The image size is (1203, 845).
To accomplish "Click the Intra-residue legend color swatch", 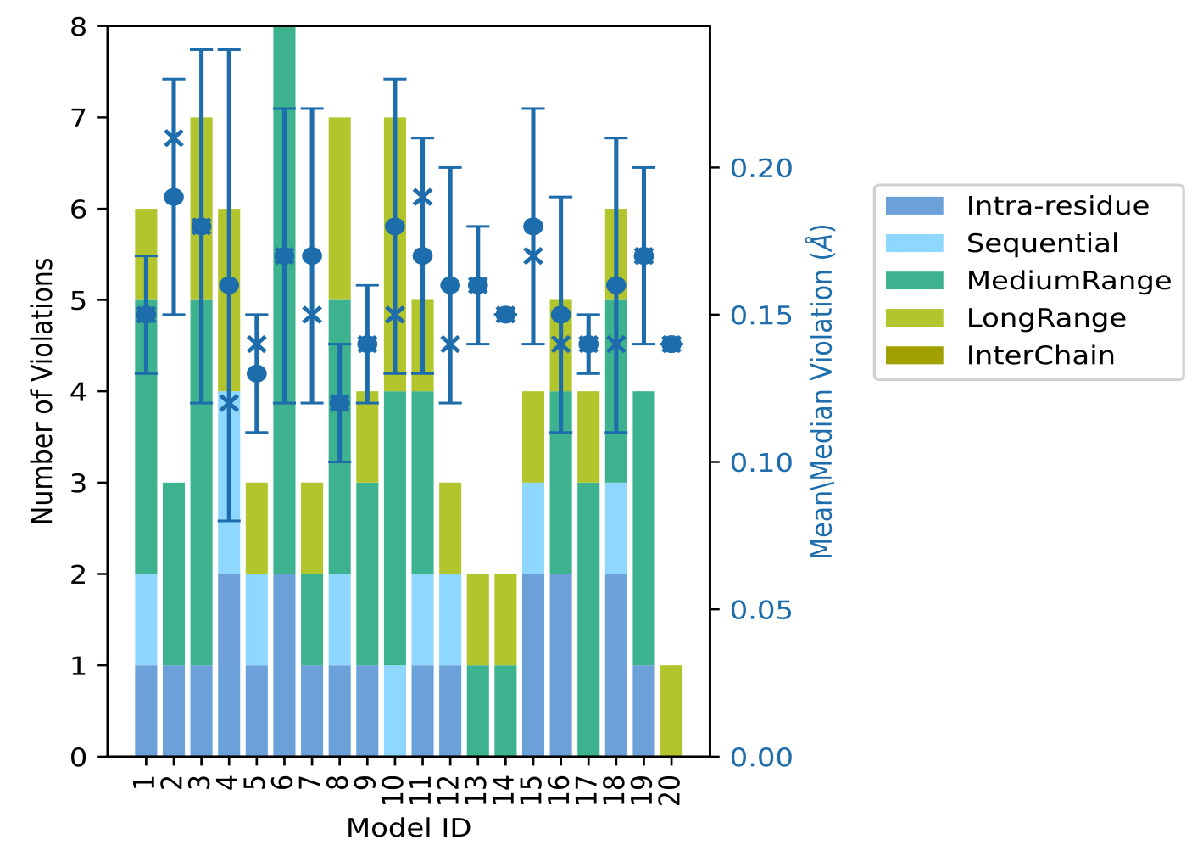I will pyautogui.click(x=913, y=206).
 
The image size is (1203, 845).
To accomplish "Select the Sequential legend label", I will pyautogui.click(x=1042, y=243).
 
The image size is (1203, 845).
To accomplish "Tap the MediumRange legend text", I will pyautogui.click(x=1068, y=281).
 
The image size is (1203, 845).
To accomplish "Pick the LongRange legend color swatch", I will pyautogui.click(x=913, y=318).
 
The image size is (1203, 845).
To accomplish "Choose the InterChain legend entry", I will pyautogui.click(x=1040, y=355).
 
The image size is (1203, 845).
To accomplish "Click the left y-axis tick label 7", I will pyautogui.click(x=79, y=118).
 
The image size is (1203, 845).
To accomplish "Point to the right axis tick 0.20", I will pyautogui.click(x=761, y=168).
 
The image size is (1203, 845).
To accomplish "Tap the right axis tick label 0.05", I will pyautogui.click(x=761, y=610).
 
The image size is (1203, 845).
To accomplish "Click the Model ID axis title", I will pyautogui.click(x=409, y=828).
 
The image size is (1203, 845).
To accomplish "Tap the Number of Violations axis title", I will pyautogui.click(x=42, y=391).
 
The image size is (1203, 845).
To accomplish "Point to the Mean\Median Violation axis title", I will pyautogui.click(x=822, y=391).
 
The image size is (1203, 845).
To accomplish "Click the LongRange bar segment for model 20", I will pyautogui.click(x=671, y=711).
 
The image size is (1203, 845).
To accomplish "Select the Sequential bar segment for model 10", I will pyautogui.click(x=395, y=711).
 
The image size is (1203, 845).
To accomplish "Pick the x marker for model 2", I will pyautogui.click(x=174, y=138).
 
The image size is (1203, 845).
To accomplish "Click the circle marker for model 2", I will pyautogui.click(x=174, y=197).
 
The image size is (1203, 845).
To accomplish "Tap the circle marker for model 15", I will pyautogui.click(x=533, y=227).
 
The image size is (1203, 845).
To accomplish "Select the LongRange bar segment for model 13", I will pyautogui.click(x=478, y=619).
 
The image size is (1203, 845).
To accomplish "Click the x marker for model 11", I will pyautogui.click(x=423, y=197).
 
